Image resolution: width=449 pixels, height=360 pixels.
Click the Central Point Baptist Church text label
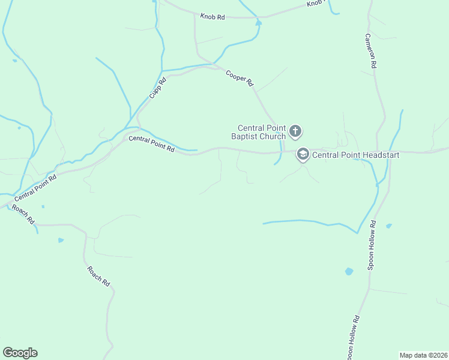click(x=261, y=132)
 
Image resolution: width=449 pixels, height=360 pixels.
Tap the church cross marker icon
click(x=295, y=131)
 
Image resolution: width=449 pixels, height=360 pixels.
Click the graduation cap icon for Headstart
click(x=303, y=155)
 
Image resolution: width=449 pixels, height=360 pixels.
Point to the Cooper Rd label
click(x=240, y=79)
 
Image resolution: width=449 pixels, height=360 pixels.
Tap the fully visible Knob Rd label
click(x=212, y=17)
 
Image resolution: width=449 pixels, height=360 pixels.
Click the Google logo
click(x=20, y=353)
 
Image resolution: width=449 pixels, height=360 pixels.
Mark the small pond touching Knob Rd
click(x=259, y=23)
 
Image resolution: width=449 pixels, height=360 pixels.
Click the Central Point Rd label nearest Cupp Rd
click(x=151, y=144)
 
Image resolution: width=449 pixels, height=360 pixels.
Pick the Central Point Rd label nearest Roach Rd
click(x=35, y=188)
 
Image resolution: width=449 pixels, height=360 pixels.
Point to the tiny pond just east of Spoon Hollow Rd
click(x=389, y=226)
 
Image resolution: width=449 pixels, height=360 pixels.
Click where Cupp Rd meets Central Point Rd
click(x=140, y=128)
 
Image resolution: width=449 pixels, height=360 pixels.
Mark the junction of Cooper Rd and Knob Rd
click(x=196, y=14)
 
